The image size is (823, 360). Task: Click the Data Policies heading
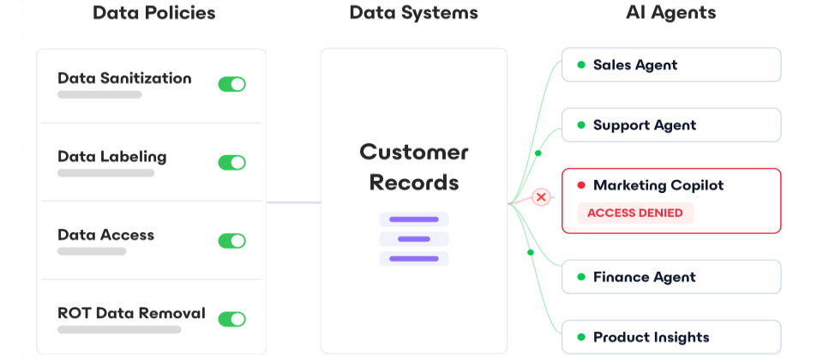pyautogui.click(x=154, y=13)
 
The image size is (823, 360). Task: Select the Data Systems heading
pyautogui.click(x=414, y=13)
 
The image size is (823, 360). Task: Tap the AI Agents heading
pyautogui.click(x=671, y=13)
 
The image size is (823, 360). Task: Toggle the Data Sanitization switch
pyautogui.click(x=231, y=84)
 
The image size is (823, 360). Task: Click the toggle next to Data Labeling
pyautogui.click(x=231, y=163)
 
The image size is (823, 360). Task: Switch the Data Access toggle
pyautogui.click(x=231, y=241)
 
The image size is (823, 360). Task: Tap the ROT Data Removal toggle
pyautogui.click(x=231, y=319)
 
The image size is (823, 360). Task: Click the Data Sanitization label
pyautogui.click(x=124, y=78)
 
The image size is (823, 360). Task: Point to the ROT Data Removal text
pyautogui.click(x=131, y=313)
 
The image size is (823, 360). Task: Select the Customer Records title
pyautogui.click(x=414, y=167)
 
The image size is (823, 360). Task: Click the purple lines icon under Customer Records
pyautogui.click(x=414, y=239)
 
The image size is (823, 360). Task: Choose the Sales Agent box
pyautogui.click(x=671, y=65)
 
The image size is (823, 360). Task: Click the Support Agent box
pyautogui.click(x=671, y=125)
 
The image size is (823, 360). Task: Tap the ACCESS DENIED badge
pyautogui.click(x=635, y=213)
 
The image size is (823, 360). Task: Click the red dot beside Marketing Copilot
pyautogui.click(x=581, y=185)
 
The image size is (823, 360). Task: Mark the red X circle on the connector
pyautogui.click(x=541, y=198)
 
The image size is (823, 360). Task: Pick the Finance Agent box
pyautogui.click(x=671, y=277)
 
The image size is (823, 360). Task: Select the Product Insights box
pyautogui.click(x=671, y=337)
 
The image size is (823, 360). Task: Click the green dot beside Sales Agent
pyautogui.click(x=581, y=65)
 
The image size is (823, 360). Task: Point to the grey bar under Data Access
pyautogui.click(x=92, y=251)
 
